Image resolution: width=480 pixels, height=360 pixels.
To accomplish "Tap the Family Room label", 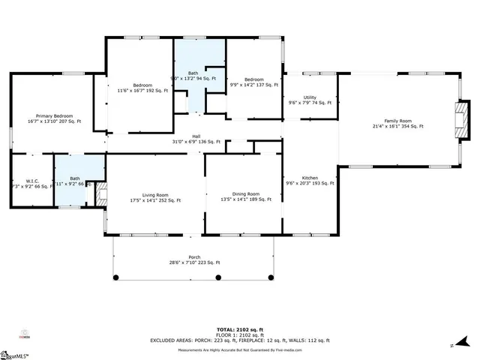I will (x=397, y=121).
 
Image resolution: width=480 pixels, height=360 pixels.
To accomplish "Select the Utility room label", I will (x=309, y=97).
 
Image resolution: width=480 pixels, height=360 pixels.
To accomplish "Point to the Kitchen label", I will (x=309, y=178).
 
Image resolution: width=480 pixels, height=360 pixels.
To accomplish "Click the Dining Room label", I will (x=245, y=193).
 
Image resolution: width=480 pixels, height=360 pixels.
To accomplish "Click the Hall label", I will (x=196, y=136).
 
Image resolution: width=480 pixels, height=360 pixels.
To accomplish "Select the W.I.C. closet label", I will (x=31, y=180).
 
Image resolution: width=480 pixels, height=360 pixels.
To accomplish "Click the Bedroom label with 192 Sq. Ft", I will (x=142, y=85).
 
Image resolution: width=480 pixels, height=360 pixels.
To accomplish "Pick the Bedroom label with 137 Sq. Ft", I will (x=253, y=79).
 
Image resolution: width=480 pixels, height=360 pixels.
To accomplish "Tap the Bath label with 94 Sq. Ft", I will (x=193, y=73).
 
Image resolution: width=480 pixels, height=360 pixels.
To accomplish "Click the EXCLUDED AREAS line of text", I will (x=239, y=340).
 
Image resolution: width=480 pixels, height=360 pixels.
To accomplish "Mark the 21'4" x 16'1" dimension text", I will (x=397, y=126).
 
